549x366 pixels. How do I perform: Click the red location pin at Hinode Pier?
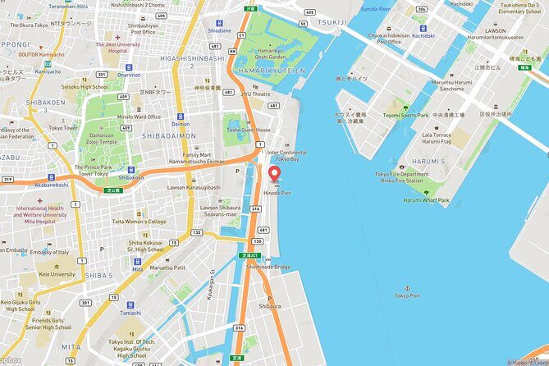tap(274, 174)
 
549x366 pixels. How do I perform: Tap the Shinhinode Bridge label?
tap(268, 267)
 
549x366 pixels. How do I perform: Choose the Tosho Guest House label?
tap(248, 130)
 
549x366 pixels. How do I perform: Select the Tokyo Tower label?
tap(62, 127)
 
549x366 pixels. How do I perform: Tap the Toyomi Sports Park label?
tap(405, 116)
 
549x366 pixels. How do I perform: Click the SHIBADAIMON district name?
tap(169, 136)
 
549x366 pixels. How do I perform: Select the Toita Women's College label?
tap(139, 222)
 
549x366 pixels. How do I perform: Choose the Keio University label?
tap(55, 275)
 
